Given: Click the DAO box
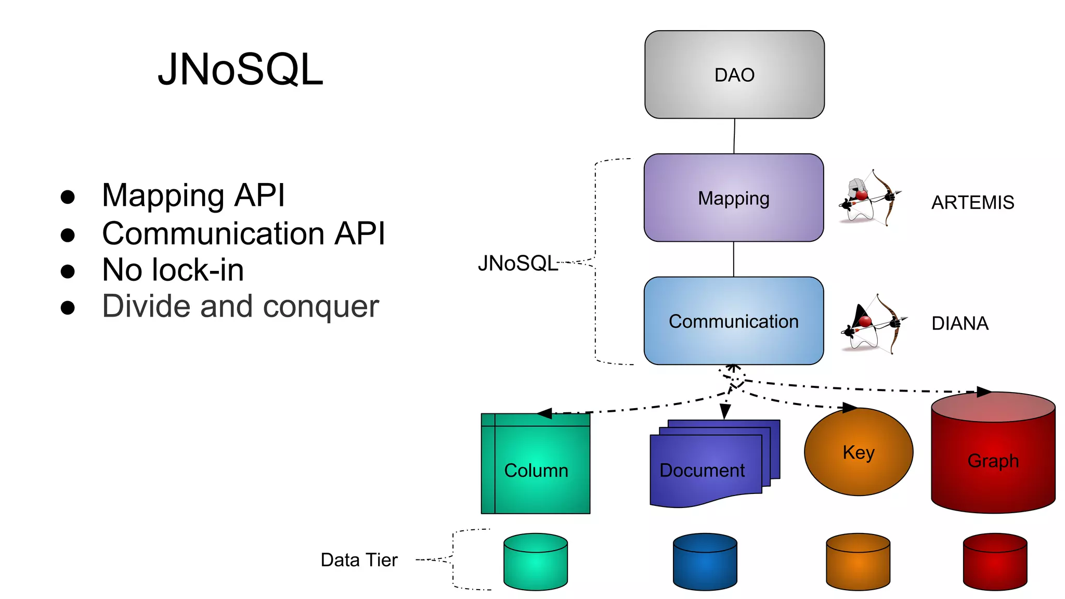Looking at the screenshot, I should [x=734, y=74].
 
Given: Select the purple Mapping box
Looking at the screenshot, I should [x=733, y=198].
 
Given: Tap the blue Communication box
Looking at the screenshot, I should [x=733, y=321].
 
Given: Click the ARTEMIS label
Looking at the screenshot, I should [x=972, y=202].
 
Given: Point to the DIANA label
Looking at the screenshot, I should [x=959, y=323].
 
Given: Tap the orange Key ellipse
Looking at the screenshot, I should [x=858, y=452].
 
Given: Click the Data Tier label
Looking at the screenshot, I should [x=359, y=560].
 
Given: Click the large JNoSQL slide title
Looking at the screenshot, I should [x=240, y=69].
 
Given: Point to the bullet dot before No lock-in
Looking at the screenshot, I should [x=68, y=271].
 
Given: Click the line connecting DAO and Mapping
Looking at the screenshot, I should [x=734, y=136].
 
